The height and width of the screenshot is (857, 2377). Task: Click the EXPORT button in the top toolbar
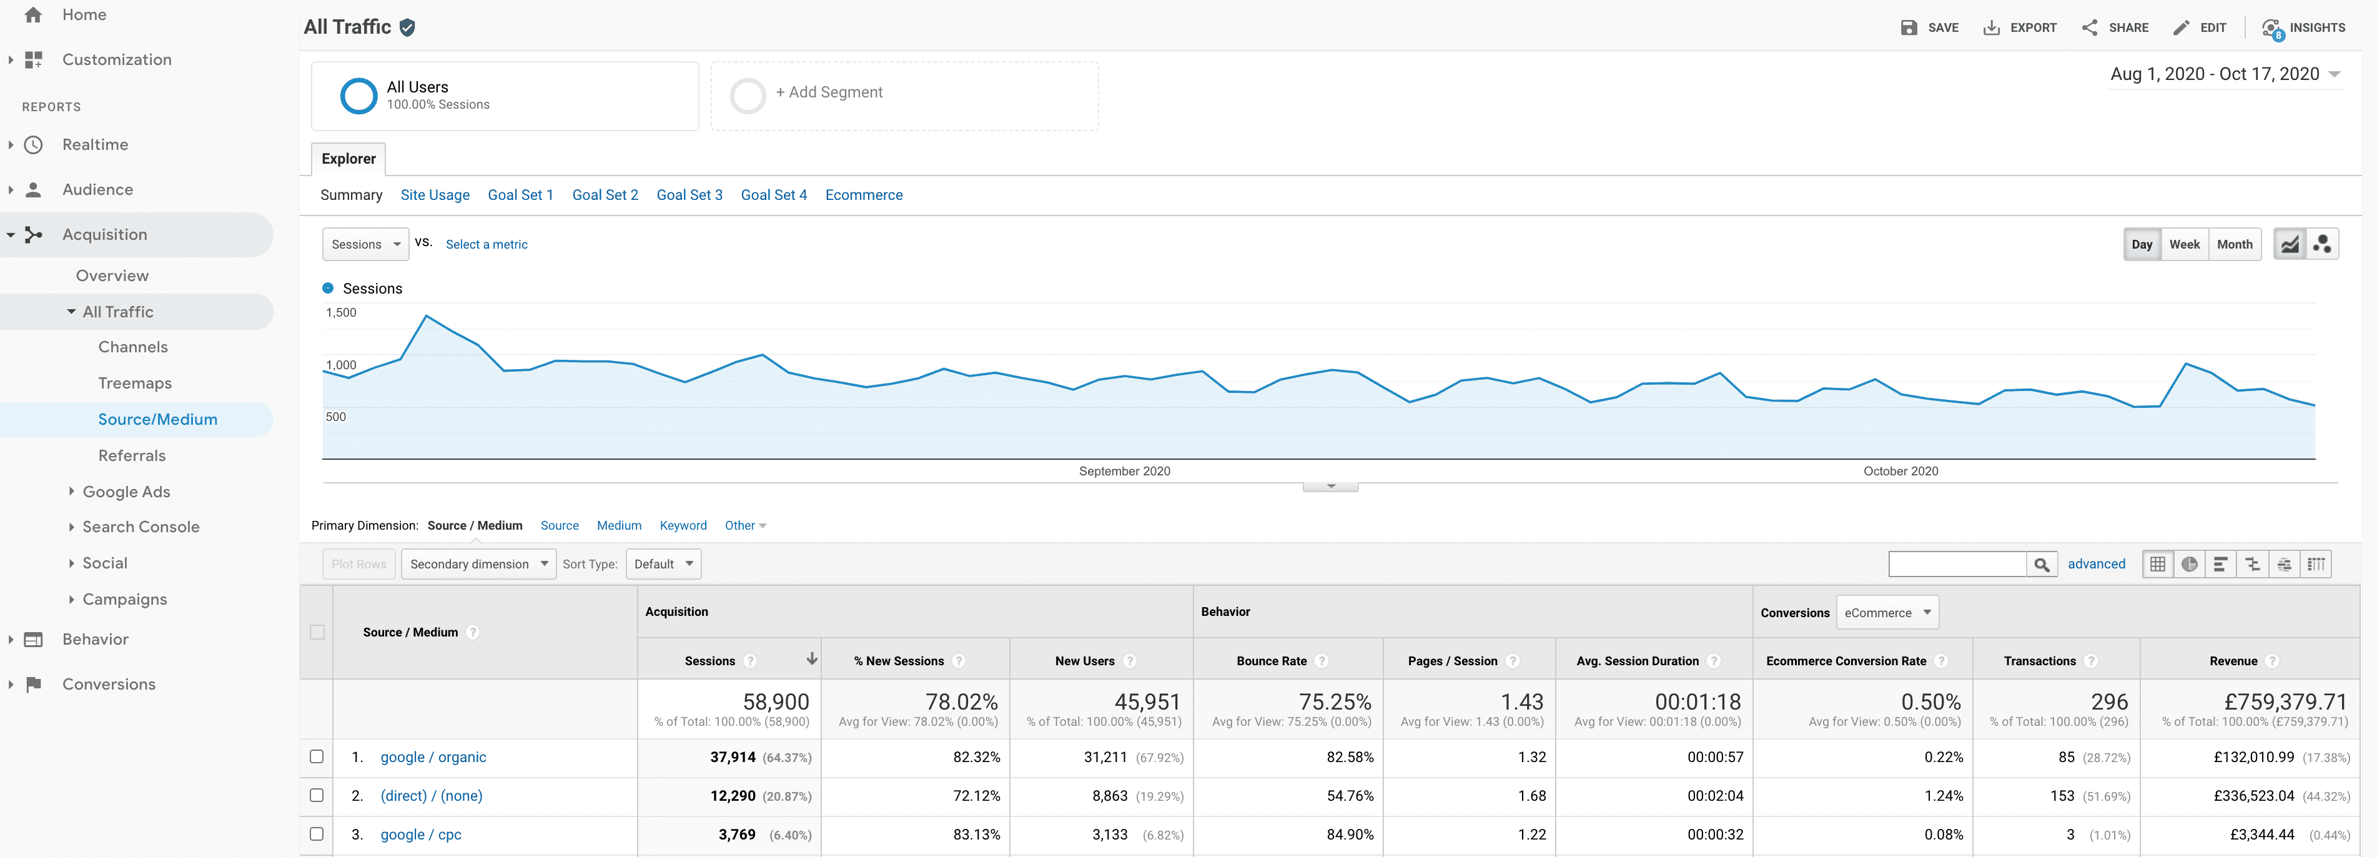2021,27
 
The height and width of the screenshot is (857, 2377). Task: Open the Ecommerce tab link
864,195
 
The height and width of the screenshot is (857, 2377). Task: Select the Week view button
2183,244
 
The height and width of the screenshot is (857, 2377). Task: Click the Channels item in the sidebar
133,347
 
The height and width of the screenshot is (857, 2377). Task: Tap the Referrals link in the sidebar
132,456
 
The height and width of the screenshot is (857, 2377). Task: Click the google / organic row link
433,757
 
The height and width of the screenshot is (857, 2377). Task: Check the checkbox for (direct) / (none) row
317,795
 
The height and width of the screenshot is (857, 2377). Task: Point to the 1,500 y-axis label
340,313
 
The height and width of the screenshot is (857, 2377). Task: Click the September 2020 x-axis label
1124,472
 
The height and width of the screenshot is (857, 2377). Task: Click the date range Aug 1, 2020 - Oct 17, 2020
2215,74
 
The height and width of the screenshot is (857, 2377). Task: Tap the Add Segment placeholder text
829,92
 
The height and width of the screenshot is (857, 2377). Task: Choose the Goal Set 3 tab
689,195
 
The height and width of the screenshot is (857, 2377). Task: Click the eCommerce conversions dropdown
1887,613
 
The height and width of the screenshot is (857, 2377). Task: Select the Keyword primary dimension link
683,526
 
